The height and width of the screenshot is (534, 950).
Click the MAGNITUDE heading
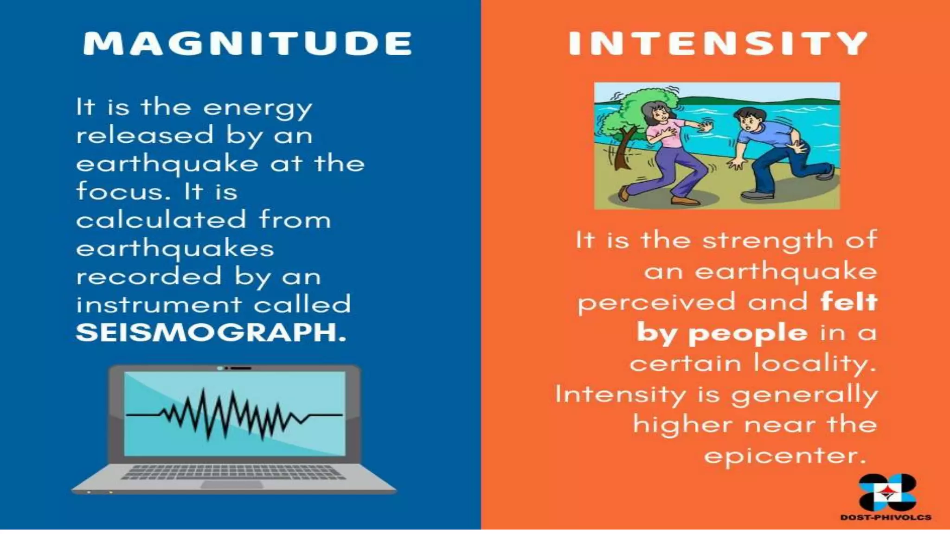[247, 44]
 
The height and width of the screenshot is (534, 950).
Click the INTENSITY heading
[718, 44]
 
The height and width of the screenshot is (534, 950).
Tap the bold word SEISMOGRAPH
[210, 332]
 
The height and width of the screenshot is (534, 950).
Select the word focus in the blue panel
[118, 191]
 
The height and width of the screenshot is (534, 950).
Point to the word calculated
[161, 219]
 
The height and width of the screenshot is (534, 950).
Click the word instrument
[159, 305]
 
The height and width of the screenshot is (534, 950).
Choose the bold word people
[748, 333]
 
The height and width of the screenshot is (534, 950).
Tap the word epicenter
[785, 456]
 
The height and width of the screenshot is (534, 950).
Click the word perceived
[656, 302]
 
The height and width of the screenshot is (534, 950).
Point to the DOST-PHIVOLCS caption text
[886, 517]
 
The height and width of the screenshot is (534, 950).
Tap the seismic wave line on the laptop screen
[234, 414]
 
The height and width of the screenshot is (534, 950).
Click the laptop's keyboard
[233, 472]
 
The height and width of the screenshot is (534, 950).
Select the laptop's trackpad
[232, 485]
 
